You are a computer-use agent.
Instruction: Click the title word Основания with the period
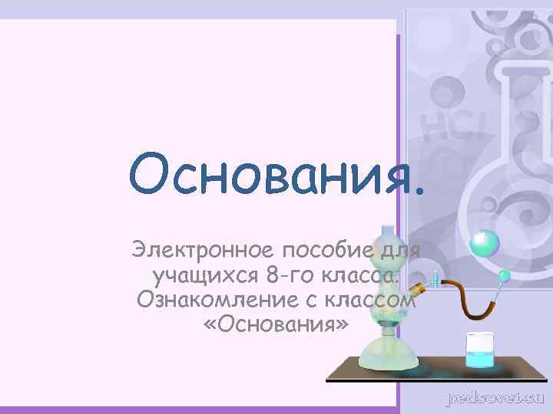click(x=276, y=172)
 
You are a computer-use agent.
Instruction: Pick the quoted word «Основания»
click(x=276, y=324)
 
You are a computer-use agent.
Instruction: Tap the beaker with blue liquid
click(x=481, y=350)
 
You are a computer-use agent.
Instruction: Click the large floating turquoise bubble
click(x=485, y=243)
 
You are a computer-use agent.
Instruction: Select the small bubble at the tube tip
click(x=505, y=274)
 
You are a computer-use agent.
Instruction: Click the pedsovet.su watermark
click(x=496, y=398)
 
